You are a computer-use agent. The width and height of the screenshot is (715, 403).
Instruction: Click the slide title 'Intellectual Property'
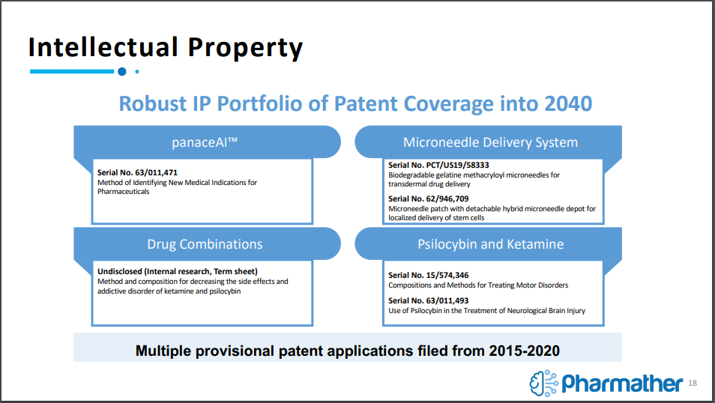166,48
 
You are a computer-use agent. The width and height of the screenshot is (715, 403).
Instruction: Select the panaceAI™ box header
205,142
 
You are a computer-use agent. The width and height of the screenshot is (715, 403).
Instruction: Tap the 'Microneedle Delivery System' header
490,142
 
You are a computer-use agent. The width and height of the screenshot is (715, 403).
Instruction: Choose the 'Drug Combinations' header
205,244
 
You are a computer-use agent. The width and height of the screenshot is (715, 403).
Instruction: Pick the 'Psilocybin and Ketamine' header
491,244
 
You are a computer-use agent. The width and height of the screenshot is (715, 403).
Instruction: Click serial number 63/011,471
157,172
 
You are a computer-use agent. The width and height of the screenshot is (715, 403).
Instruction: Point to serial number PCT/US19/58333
457,165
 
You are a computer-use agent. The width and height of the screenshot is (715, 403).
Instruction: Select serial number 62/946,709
447,199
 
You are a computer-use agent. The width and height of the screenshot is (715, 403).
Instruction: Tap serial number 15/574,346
447,275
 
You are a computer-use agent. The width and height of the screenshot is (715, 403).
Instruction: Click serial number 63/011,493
447,300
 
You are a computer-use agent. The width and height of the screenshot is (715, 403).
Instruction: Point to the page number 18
693,383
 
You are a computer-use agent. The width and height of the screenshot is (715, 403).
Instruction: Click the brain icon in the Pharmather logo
543,383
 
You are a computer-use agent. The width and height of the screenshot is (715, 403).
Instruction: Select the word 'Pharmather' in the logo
622,383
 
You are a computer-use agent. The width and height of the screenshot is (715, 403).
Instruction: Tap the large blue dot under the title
121,72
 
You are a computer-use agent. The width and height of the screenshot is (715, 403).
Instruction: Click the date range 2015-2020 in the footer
524,351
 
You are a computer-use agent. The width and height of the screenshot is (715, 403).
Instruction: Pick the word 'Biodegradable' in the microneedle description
411,175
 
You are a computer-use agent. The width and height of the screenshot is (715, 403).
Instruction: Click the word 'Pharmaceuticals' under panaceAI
123,192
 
